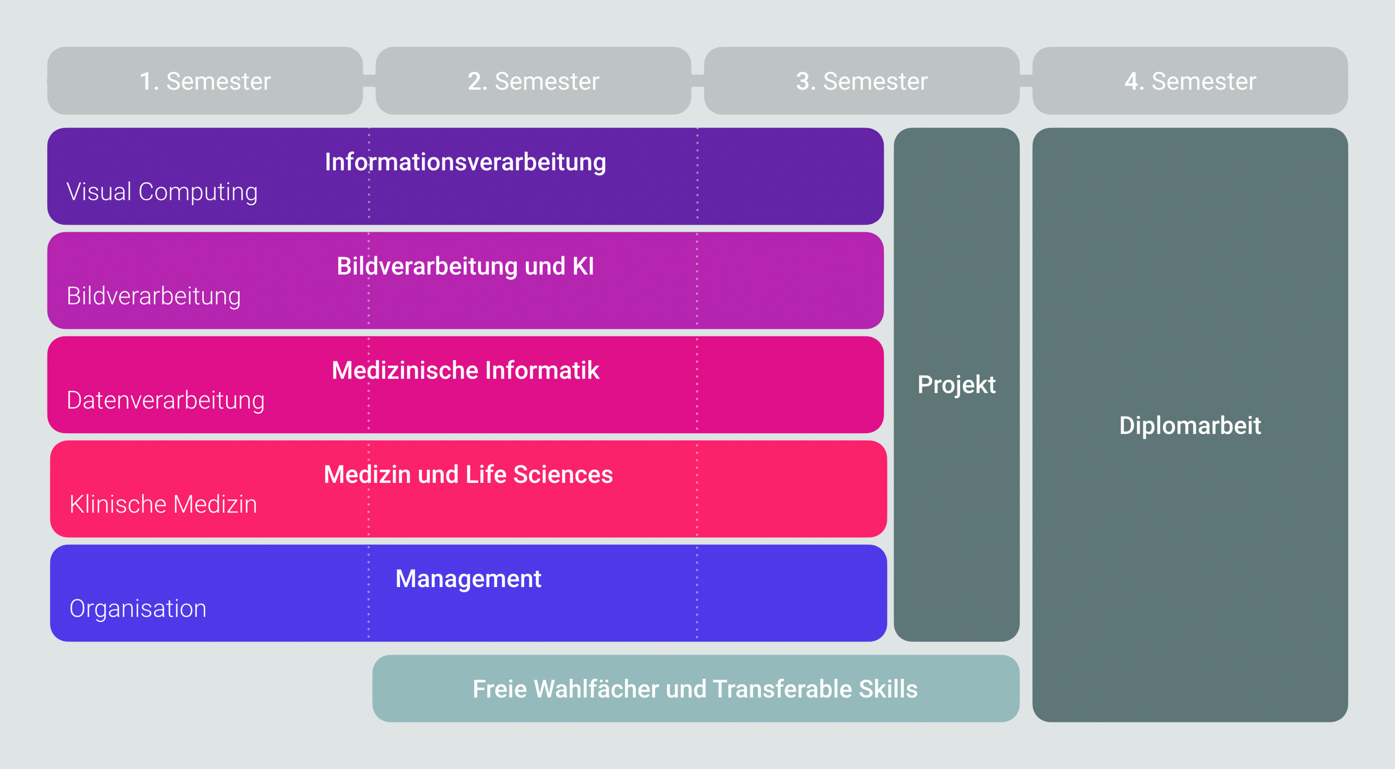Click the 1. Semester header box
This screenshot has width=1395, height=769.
click(205, 81)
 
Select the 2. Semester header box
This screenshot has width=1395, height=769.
click(534, 81)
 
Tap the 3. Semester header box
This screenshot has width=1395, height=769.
click(861, 81)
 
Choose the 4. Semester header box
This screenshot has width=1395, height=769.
click(1190, 81)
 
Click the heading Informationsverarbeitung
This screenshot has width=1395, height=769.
click(466, 162)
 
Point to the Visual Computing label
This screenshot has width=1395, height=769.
click(162, 192)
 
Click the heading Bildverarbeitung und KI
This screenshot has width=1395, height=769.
click(466, 267)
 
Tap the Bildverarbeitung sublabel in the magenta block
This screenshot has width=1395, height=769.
click(154, 296)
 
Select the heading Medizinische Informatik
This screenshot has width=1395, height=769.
click(466, 370)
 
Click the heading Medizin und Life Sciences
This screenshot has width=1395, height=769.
click(468, 474)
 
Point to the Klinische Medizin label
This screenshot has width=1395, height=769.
click(163, 504)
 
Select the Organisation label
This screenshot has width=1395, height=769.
click(138, 609)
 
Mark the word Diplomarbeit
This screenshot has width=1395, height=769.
click(1190, 426)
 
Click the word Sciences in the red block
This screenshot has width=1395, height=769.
click(563, 474)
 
